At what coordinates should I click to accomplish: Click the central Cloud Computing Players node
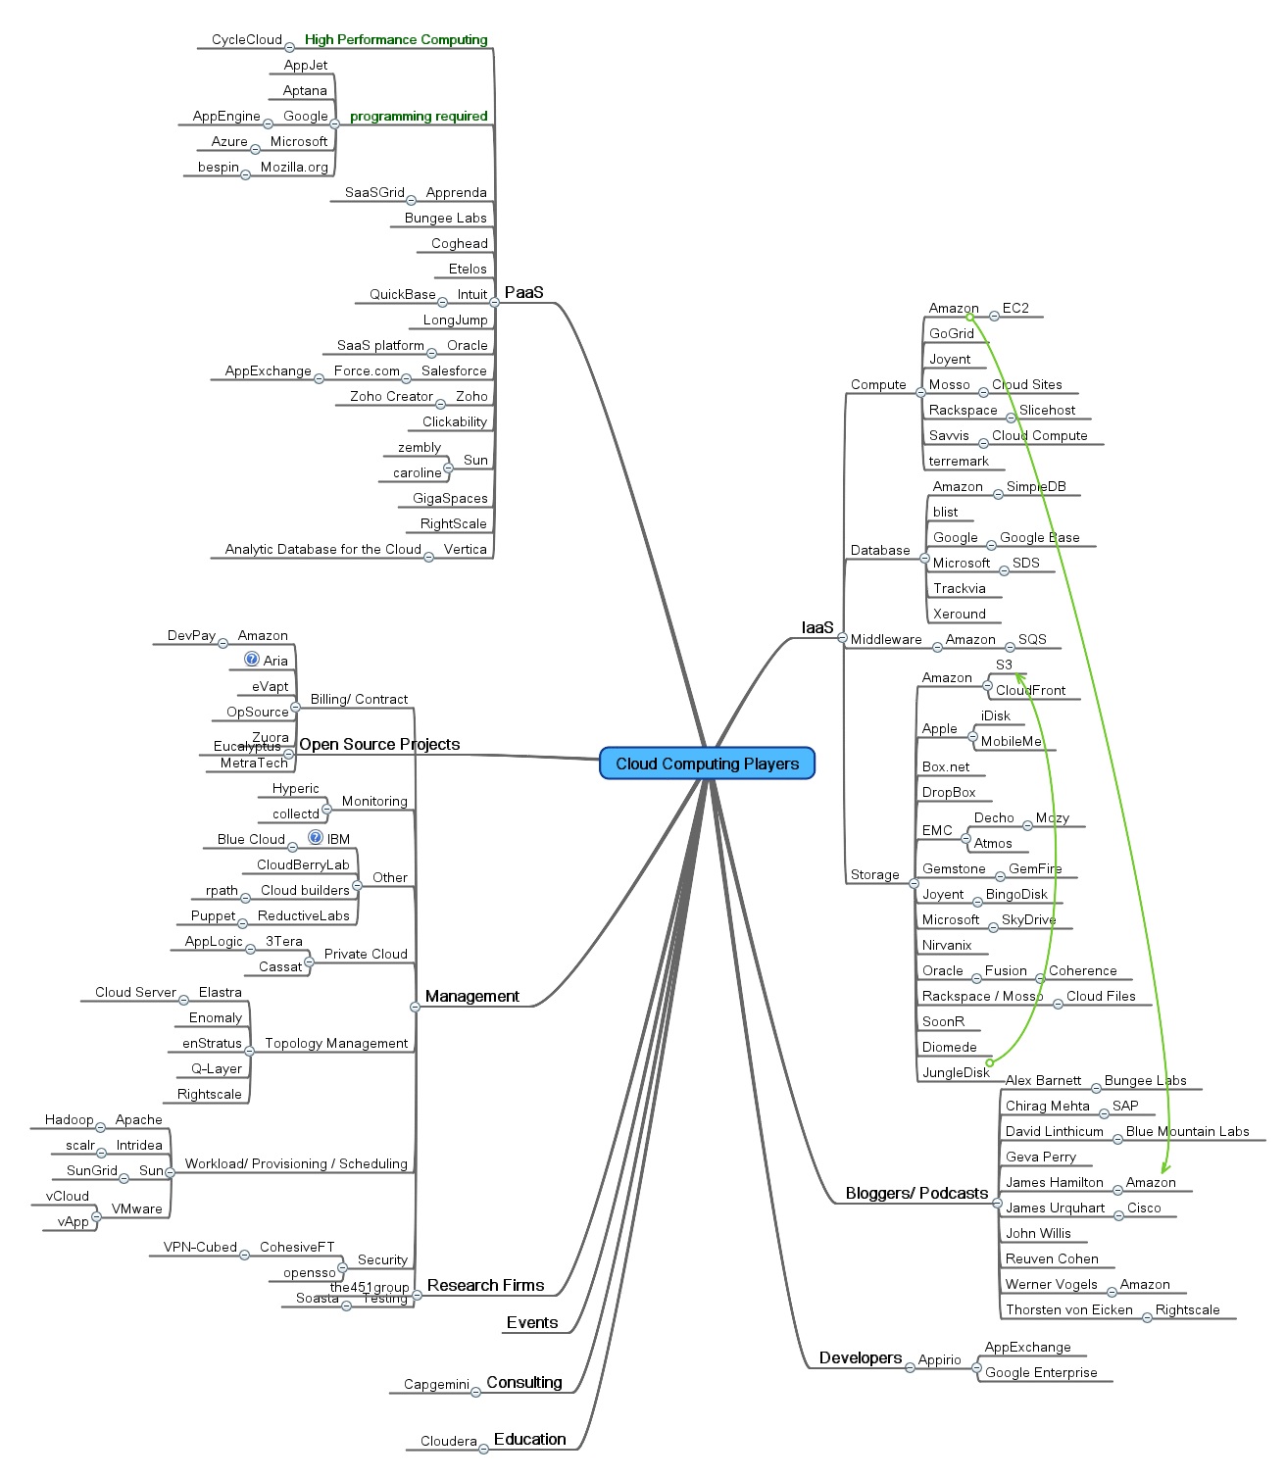pos(707,764)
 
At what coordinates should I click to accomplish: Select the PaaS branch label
pos(523,292)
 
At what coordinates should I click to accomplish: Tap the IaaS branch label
pos(816,627)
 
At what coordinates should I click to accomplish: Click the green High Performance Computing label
pos(396,40)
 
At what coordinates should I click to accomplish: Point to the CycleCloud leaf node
pos(246,40)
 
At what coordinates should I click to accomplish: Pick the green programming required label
pos(419,117)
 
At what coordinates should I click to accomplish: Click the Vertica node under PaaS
pos(465,550)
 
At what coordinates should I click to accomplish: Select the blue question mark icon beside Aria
pos(252,660)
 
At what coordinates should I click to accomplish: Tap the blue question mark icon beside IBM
pos(316,838)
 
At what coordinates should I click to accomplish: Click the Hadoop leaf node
pos(69,1120)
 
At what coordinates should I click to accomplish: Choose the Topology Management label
pos(336,1044)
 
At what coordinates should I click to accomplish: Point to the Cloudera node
pos(448,1442)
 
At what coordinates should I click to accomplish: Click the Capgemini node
pos(436,1385)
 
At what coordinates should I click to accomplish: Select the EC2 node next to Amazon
pos(1015,309)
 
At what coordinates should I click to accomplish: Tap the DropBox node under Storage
pos(949,793)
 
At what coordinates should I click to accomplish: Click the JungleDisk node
pos(956,1073)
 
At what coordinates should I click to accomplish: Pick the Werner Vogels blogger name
pos(1051,1285)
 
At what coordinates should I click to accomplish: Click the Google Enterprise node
pos(1041,1373)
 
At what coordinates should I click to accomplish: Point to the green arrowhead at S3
pos(1019,676)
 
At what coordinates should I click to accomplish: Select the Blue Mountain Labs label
pos(1187,1132)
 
